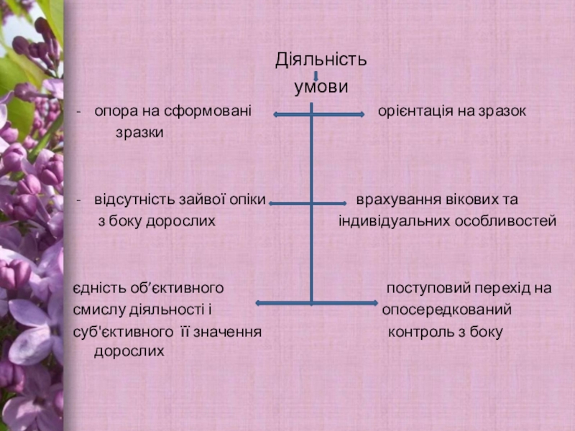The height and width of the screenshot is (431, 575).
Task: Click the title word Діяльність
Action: pos(321,60)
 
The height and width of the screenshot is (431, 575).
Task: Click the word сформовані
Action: pos(213,112)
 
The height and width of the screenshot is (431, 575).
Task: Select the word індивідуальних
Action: pos(394,222)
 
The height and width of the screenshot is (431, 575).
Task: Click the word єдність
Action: pos(96,289)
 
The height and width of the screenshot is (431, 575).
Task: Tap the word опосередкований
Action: pos(446,310)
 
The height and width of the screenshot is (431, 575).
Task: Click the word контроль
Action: pos(420,333)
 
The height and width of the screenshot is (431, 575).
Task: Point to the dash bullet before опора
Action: pos(78,113)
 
